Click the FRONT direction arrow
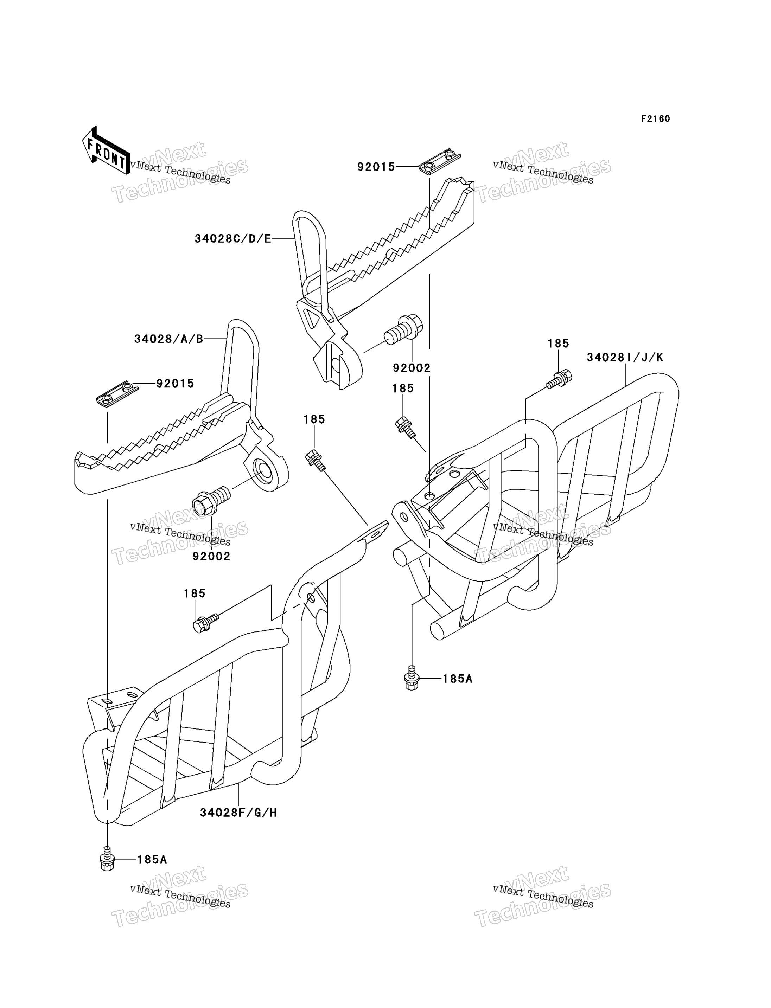coord(106,150)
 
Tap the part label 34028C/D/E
coord(233,239)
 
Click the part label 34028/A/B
coord(168,339)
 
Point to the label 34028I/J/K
coord(625,358)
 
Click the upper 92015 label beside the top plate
coord(376,167)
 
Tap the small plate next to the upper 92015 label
coord(440,162)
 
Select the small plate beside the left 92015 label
coord(117,394)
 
